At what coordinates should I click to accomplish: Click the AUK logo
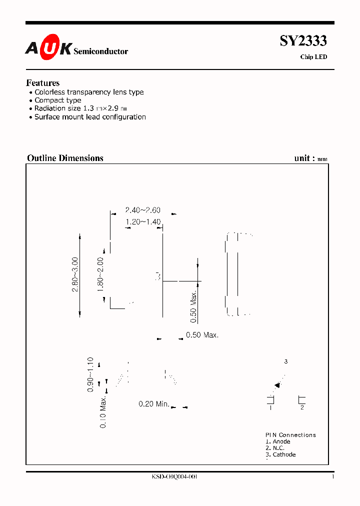(x=48, y=48)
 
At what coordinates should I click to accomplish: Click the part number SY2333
(x=303, y=40)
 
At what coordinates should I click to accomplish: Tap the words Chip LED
(x=313, y=57)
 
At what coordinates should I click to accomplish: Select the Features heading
(x=43, y=83)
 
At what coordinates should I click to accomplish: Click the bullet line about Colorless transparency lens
(x=89, y=92)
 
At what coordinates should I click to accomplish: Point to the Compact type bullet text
(x=57, y=100)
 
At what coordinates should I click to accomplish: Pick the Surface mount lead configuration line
(x=90, y=117)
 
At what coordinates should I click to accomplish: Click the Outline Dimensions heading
(x=65, y=158)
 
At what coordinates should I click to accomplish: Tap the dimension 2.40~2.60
(x=142, y=211)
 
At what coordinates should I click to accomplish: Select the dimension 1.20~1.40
(x=143, y=221)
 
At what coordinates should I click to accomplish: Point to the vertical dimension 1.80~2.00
(x=100, y=274)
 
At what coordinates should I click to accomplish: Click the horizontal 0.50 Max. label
(x=202, y=335)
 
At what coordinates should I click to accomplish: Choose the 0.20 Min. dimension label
(x=154, y=404)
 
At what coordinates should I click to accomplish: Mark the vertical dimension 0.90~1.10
(x=90, y=374)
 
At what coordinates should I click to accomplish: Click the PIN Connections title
(x=290, y=435)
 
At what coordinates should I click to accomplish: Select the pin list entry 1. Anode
(x=278, y=441)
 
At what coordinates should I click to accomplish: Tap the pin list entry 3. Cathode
(x=280, y=454)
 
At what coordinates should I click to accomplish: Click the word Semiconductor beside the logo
(x=100, y=51)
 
